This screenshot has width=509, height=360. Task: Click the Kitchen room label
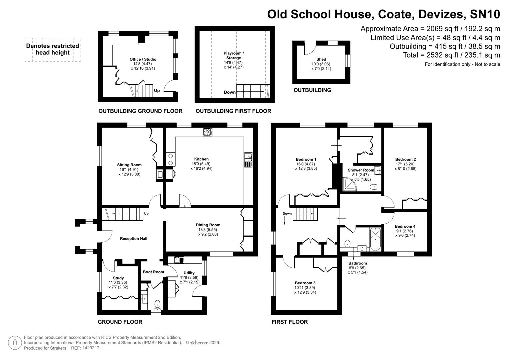[201, 159]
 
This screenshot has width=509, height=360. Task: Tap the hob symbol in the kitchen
[207, 132]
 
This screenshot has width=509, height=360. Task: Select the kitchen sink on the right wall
[248, 160]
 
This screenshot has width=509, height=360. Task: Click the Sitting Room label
[129, 165]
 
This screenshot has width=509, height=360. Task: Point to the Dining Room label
[208, 225]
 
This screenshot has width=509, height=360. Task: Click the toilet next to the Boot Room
[157, 304]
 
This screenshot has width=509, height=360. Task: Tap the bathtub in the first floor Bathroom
[375, 239]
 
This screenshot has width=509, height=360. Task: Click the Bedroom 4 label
[405, 227]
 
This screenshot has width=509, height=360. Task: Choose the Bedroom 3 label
[305, 283]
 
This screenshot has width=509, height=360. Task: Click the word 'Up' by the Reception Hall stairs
[146, 214]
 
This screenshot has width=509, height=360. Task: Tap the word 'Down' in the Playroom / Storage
[230, 92]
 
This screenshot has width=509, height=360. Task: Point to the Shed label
[321, 59]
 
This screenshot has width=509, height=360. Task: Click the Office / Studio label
[143, 59]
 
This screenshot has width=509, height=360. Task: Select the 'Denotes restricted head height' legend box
[53, 49]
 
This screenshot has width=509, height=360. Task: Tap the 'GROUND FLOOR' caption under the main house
[120, 322]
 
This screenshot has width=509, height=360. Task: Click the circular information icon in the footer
[15, 343]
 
